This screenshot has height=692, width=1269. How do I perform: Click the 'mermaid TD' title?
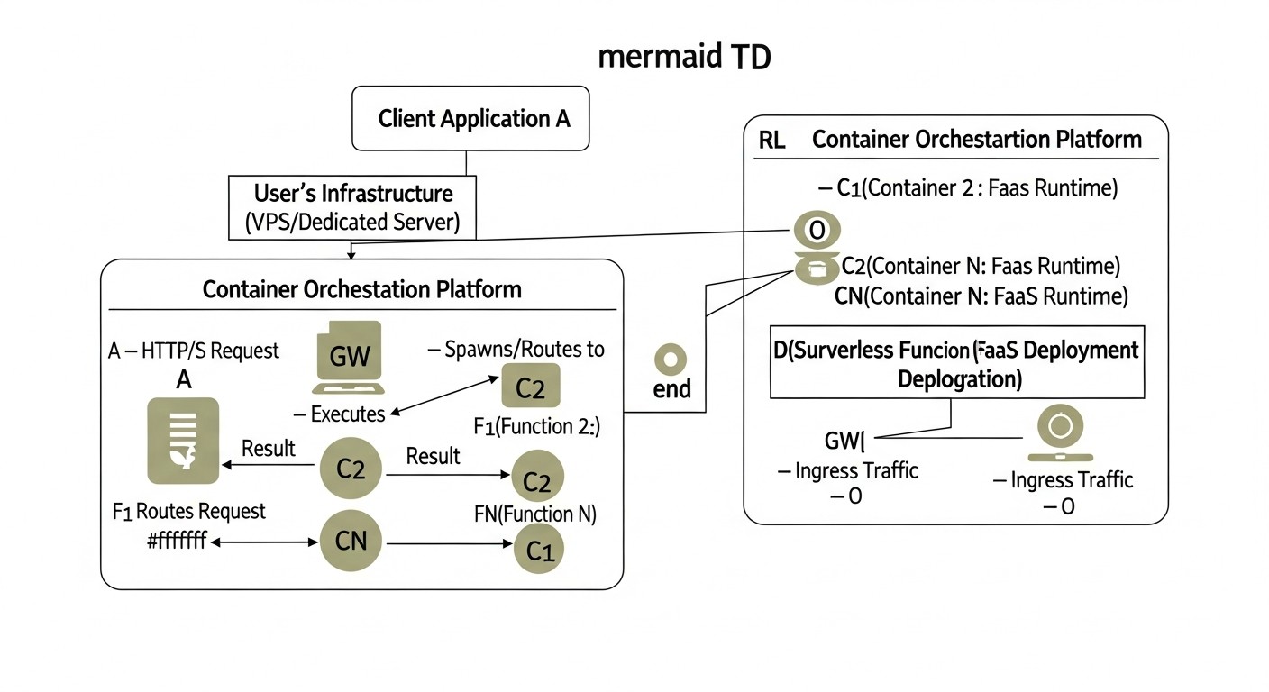pyautogui.click(x=684, y=57)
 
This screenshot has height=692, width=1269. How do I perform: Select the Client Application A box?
pyautogui.click(x=470, y=118)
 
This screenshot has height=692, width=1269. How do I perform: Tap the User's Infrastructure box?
pyautogui.click(x=351, y=208)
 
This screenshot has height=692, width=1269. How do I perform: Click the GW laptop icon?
pyautogui.click(x=349, y=358)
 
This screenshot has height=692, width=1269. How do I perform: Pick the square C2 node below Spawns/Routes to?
pyautogui.click(x=530, y=387)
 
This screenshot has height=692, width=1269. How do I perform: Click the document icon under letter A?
pyautogui.click(x=183, y=441)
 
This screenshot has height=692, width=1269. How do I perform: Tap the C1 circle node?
pyautogui.click(x=539, y=551)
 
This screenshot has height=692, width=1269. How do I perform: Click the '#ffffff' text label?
pyautogui.click(x=176, y=542)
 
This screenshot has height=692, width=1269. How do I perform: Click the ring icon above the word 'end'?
pyautogui.click(x=671, y=360)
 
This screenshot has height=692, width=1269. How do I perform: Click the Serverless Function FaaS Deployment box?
pyautogui.click(x=956, y=362)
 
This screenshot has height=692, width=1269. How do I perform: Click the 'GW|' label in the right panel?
pyautogui.click(x=844, y=441)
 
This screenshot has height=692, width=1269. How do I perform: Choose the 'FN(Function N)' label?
pyautogui.click(x=535, y=514)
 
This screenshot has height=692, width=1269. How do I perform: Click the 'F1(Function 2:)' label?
pyautogui.click(x=536, y=426)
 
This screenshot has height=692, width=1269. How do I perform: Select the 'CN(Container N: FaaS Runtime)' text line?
pyautogui.click(x=981, y=295)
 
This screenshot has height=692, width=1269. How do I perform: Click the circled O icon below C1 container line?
pyautogui.click(x=817, y=230)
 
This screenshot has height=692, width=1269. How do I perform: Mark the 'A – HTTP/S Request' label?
pyautogui.click(x=194, y=351)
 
